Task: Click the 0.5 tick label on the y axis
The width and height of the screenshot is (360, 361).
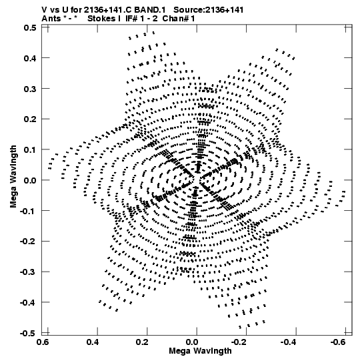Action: click(30, 28)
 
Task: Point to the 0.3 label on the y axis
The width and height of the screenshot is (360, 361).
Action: click(30, 89)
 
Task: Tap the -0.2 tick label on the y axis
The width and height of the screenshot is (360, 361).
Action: click(28, 242)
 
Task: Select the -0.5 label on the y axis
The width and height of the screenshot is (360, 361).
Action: click(28, 333)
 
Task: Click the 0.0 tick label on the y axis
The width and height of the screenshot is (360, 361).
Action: click(30, 180)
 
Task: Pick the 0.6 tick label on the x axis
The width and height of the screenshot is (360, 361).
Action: click(43, 342)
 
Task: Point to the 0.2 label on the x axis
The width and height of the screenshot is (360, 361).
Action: click(142, 342)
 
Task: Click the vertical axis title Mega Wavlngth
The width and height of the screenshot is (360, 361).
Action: click(13, 177)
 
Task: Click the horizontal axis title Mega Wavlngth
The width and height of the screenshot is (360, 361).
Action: click(200, 351)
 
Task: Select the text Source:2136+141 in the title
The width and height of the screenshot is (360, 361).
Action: click(209, 10)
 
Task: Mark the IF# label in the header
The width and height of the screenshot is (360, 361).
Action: click(132, 19)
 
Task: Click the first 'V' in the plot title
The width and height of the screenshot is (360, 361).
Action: click(44, 10)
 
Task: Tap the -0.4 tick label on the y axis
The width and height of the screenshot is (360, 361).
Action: click(28, 302)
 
